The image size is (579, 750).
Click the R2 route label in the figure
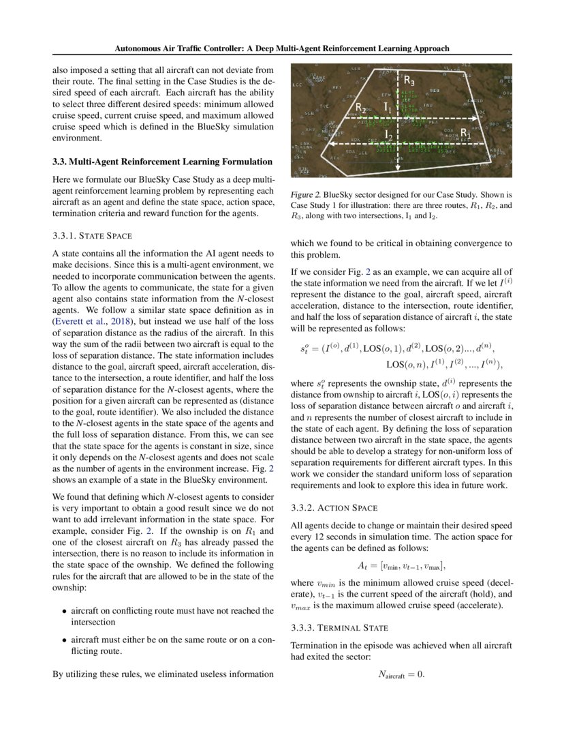[x=362, y=107]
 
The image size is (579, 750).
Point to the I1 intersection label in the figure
[x=387, y=107]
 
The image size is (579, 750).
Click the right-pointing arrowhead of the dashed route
[x=484, y=117]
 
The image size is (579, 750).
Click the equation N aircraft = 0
[x=401, y=674]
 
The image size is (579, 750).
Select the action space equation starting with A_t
[x=401, y=565]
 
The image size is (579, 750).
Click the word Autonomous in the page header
[x=139, y=48]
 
